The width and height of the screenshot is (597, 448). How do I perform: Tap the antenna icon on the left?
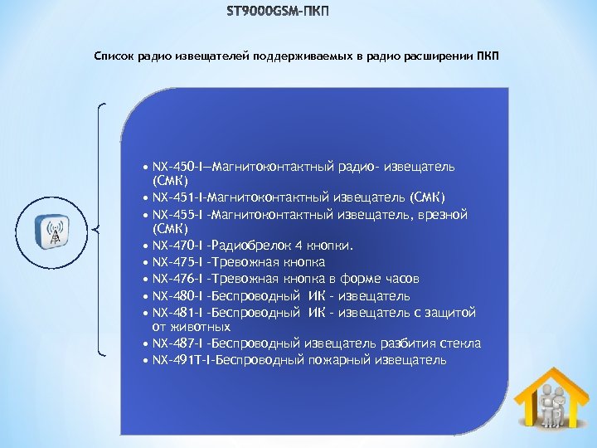coord(56,229)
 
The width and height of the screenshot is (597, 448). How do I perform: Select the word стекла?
coord(461,343)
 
